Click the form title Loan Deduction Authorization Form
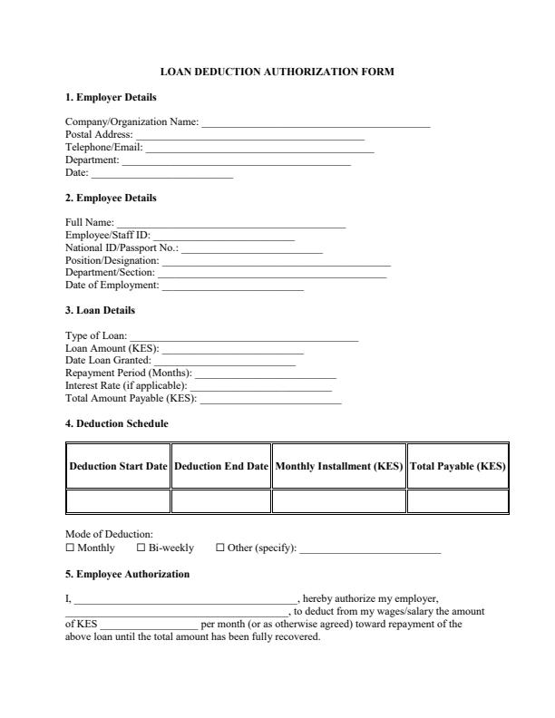(277, 71)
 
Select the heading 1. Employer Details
(111, 97)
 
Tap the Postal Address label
(99, 134)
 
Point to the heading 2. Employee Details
(111, 198)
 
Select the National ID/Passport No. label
(122, 247)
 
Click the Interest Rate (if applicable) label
(126, 385)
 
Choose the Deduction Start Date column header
(119, 467)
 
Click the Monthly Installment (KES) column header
(338, 467)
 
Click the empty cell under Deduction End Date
(221, 500)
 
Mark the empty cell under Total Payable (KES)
(457, 500)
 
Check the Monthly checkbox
(70, 548)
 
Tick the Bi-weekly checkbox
(141, 548)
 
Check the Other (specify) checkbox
(220, 548)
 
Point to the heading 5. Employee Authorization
(127, 574)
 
